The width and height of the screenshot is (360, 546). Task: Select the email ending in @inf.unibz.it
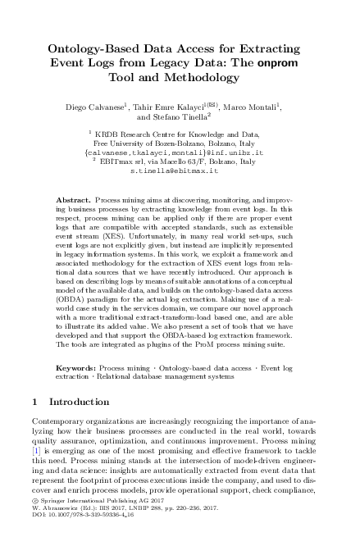(180, 152)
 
